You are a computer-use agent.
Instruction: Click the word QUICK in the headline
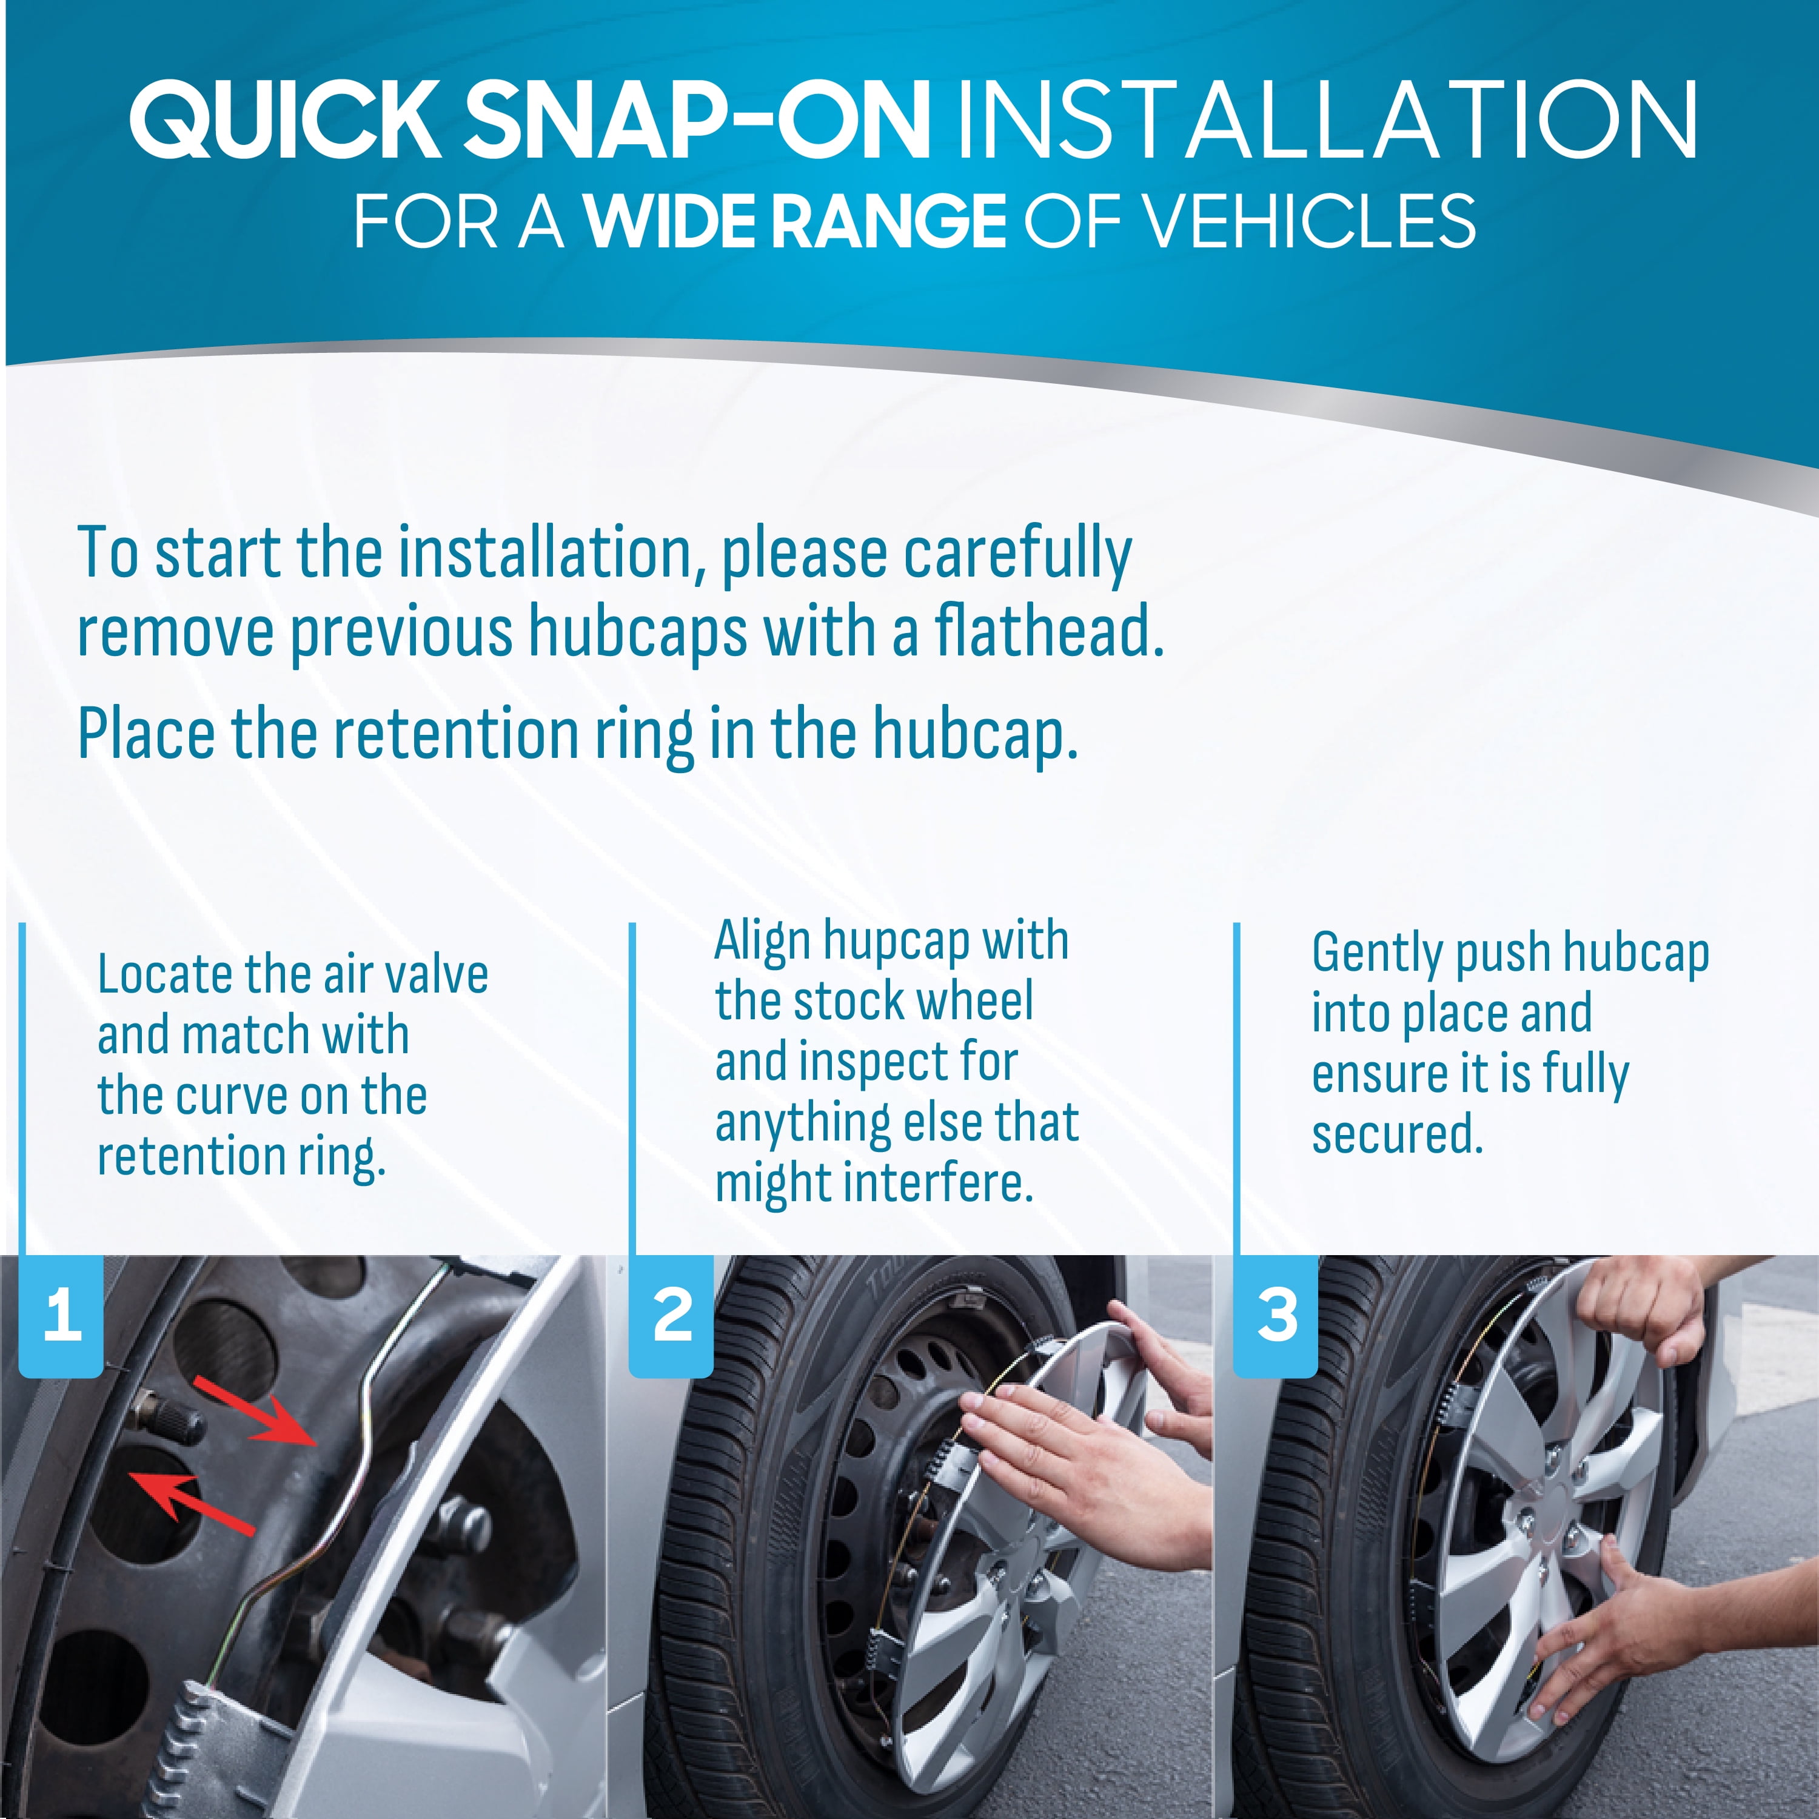(x=285, y=119)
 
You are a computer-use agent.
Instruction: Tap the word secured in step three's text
(x=1396, y=1134)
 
